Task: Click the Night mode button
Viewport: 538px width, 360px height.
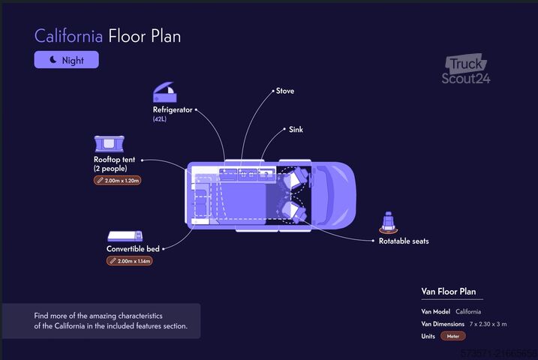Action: [x=66, y=60]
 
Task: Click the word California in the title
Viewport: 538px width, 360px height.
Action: [x=68, y=36]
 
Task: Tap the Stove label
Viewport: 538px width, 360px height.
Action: [x=285, y=91]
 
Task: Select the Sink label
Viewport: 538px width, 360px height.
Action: [x=296, y=129]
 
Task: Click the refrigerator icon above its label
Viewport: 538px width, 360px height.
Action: [x=164, y=92]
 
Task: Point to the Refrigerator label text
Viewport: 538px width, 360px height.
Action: [x=173, y=109]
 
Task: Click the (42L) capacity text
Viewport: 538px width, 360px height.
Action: [x=160, y=119]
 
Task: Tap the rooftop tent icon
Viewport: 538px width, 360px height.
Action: [x=109, y=144]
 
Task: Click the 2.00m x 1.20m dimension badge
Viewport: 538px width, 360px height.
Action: [x=117, y=180]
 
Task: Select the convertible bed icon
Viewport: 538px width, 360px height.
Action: [x=125, y=236]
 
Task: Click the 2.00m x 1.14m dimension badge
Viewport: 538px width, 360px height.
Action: [x=130, y=261]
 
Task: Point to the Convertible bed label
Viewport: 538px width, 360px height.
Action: [x=133, y=249]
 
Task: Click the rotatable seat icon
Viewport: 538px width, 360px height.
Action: [x=389, y=222]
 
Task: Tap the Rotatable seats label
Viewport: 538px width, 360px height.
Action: [x=404, y=241]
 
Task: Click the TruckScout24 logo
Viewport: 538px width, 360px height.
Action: [x=466, y=70]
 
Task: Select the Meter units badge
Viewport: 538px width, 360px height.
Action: [x=453, y=336]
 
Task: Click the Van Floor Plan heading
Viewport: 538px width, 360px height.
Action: [x=449, y=292]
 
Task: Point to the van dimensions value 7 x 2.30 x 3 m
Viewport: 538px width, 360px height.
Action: [x=488, y=324]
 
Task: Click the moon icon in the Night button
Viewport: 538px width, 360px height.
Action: [x=53, y=60]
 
